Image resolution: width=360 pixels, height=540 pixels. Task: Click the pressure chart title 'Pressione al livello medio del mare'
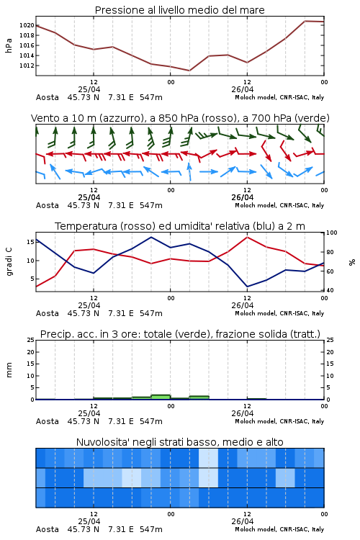click(179, 10)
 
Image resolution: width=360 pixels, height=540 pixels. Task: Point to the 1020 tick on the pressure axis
click(27, 25)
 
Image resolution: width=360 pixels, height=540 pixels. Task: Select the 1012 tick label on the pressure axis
click(27, 66)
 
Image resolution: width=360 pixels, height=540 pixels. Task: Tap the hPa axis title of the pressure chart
click(9, 45)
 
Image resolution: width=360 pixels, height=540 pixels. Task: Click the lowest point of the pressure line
click(189, 71)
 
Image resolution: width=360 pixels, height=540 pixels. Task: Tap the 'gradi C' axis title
click(9, 262)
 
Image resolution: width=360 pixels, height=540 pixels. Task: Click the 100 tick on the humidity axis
click(332, 233)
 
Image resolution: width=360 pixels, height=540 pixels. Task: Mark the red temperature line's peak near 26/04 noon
click(247, 237)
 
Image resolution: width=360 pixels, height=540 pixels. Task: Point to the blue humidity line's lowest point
click(247, 287)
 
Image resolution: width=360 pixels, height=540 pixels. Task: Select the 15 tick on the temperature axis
click(30, 242)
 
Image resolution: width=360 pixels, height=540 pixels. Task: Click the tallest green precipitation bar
click(161, 397)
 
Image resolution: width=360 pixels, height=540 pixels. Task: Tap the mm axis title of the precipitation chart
click(9, 369)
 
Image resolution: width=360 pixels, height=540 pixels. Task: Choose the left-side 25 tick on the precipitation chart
click(31, 340)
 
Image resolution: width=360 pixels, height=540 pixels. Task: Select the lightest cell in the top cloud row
click(208, 458)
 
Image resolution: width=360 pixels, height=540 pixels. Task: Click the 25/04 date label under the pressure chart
click(89, 89)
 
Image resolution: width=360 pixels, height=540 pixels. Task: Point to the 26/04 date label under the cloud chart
click(243, 521)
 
